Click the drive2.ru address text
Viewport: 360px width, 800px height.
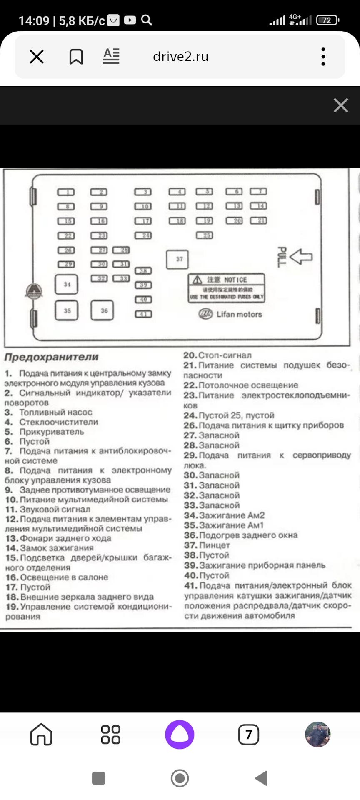[180, 56]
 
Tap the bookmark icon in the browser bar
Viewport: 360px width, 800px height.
[76, 56]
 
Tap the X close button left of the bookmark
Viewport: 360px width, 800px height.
[37, 56]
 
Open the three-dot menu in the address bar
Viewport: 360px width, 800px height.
[323, 56]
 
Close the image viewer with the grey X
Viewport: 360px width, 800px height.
[340, 105]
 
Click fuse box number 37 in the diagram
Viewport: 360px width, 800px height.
[177, 259]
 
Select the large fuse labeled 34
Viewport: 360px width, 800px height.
[67, 285]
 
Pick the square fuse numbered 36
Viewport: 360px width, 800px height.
[102, 310]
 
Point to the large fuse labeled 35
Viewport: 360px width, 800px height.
[67, 310]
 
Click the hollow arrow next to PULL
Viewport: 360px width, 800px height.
[301, 256]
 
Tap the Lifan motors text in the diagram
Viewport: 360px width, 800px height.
[239, 314]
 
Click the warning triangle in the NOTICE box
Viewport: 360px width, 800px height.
[197, 280]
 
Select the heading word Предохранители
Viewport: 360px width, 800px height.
[51, 357]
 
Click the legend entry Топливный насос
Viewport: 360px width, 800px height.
[55, 412]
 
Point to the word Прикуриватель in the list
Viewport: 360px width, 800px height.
[52, 432]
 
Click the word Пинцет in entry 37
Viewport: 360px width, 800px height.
[215, 545]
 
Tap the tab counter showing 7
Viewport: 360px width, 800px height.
[248, 734]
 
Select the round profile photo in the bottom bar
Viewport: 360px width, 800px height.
[317, 734]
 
